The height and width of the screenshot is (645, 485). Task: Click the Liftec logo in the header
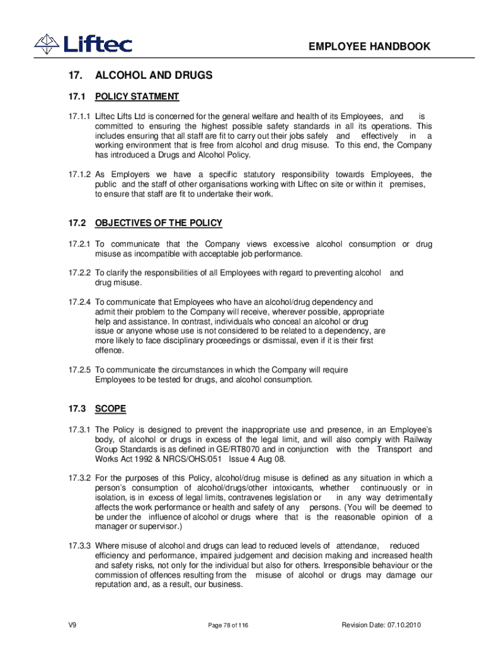[x=83, y=43]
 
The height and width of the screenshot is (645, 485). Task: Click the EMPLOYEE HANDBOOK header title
[x=370, y=47]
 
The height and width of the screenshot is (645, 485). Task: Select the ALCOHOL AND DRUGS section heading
[x=154, y=76]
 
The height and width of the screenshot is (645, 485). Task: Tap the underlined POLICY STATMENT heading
[x=137, y=96]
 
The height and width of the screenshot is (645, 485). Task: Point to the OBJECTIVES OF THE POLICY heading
[x=158, y=223]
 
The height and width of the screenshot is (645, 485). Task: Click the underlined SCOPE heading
[x=110, y=409]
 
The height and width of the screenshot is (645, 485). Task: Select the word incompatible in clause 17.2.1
[x=154, y=254]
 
